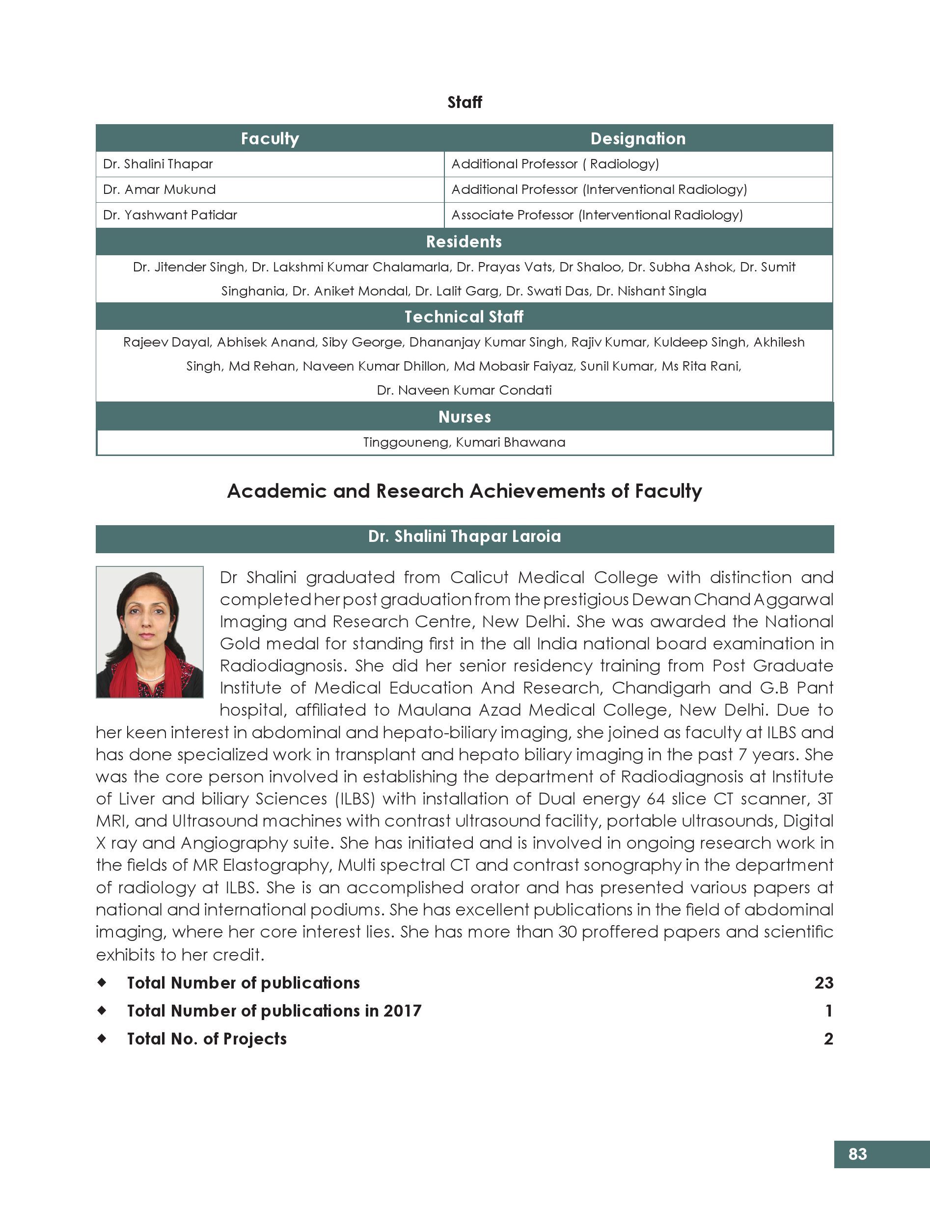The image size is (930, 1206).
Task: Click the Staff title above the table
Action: (465, 102)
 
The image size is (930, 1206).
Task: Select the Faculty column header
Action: (270, 138)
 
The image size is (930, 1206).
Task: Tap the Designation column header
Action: (638, 138)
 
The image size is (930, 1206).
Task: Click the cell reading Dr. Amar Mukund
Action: (160, 189)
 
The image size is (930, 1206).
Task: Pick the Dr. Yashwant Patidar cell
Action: (170, 215)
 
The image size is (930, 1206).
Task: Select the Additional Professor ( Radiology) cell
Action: (555, 164)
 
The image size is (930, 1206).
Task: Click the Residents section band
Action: (464, 242)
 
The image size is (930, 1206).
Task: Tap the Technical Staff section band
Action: (464, 317)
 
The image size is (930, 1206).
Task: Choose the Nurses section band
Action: (465, 417)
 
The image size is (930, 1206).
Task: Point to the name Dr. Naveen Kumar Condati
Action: (464, 390)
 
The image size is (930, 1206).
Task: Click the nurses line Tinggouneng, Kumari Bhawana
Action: (464, 442)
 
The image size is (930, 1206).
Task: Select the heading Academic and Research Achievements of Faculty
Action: (465, 491)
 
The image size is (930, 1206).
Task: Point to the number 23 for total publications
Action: (823, 983)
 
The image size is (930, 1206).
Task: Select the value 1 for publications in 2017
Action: (828, 1011)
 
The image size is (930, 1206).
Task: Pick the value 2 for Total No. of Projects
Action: (828, 1039)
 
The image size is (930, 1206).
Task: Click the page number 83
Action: (857, 1154)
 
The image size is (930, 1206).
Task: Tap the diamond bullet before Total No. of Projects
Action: (102, 1039)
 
